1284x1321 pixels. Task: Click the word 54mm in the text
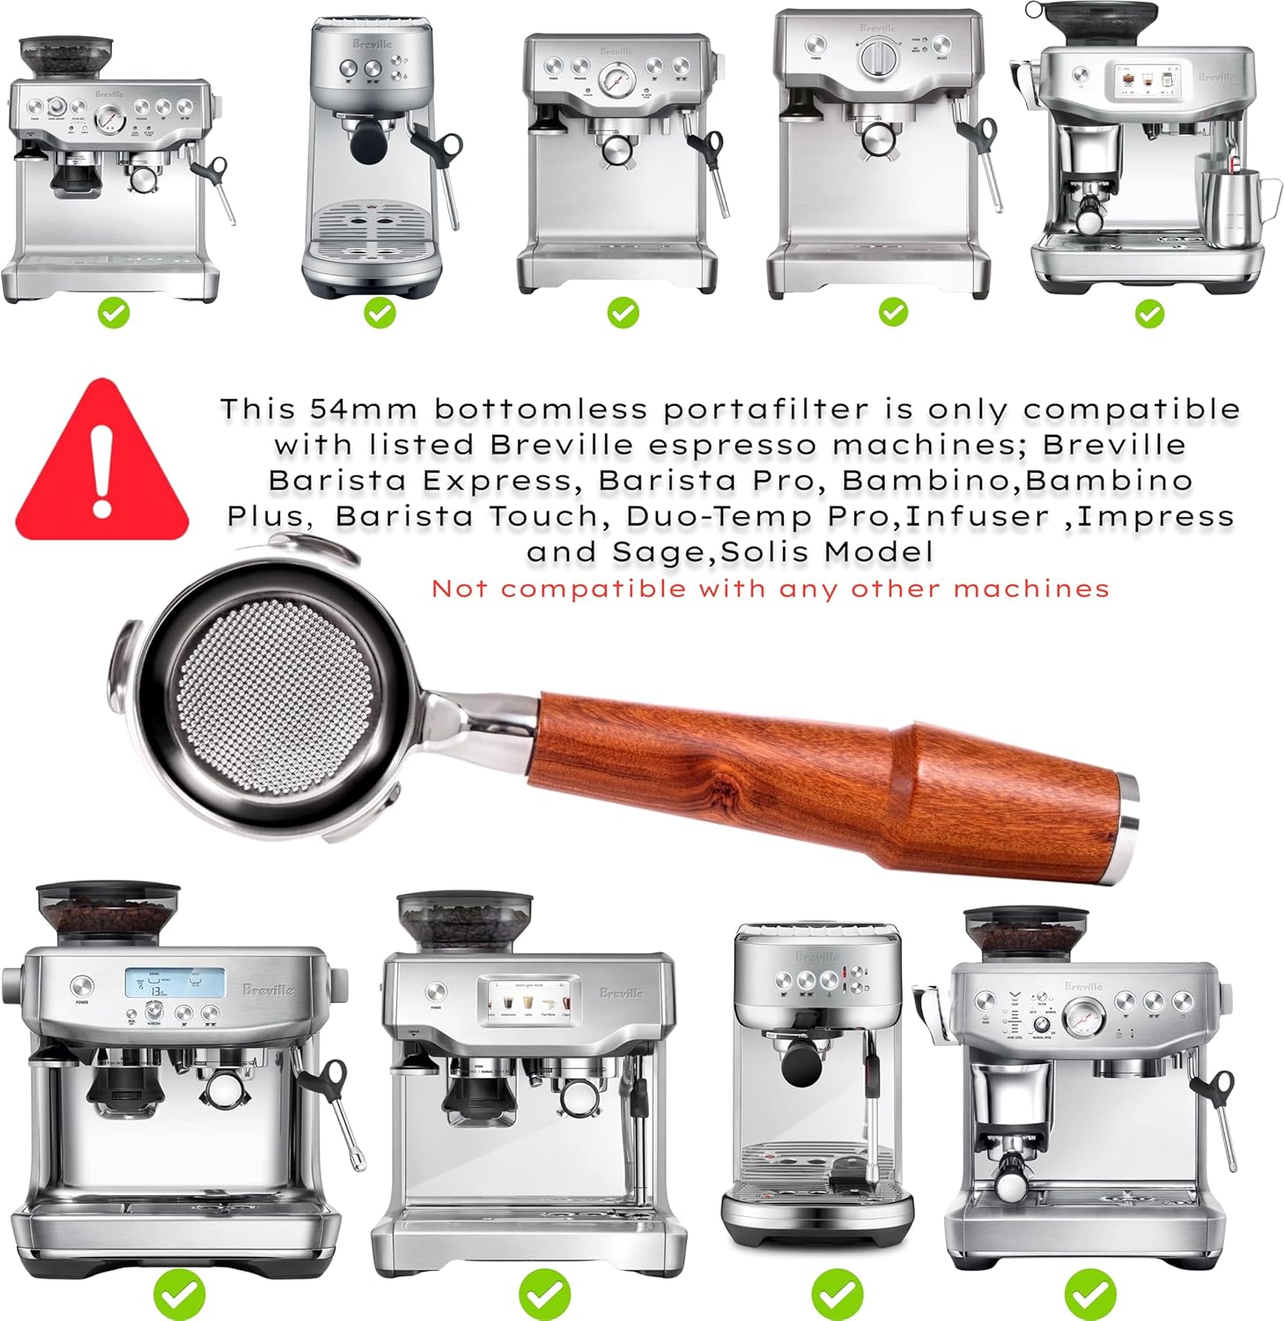click(x=362, y=410)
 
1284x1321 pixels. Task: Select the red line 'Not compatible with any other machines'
click(x=770, y=589)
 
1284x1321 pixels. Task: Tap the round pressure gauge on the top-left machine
click(x=109, y=120)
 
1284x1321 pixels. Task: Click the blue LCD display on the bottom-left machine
click(x=173, y=983)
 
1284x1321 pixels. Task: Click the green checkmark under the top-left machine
click(x=114, y=313)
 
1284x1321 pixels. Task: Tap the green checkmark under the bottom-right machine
click(x=1089, y=1293)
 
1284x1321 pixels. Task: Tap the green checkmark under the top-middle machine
click(x=623, y=313)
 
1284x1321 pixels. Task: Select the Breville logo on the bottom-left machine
click(x=269, y=990)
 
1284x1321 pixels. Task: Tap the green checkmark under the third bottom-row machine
click(x=837, y=1293)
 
